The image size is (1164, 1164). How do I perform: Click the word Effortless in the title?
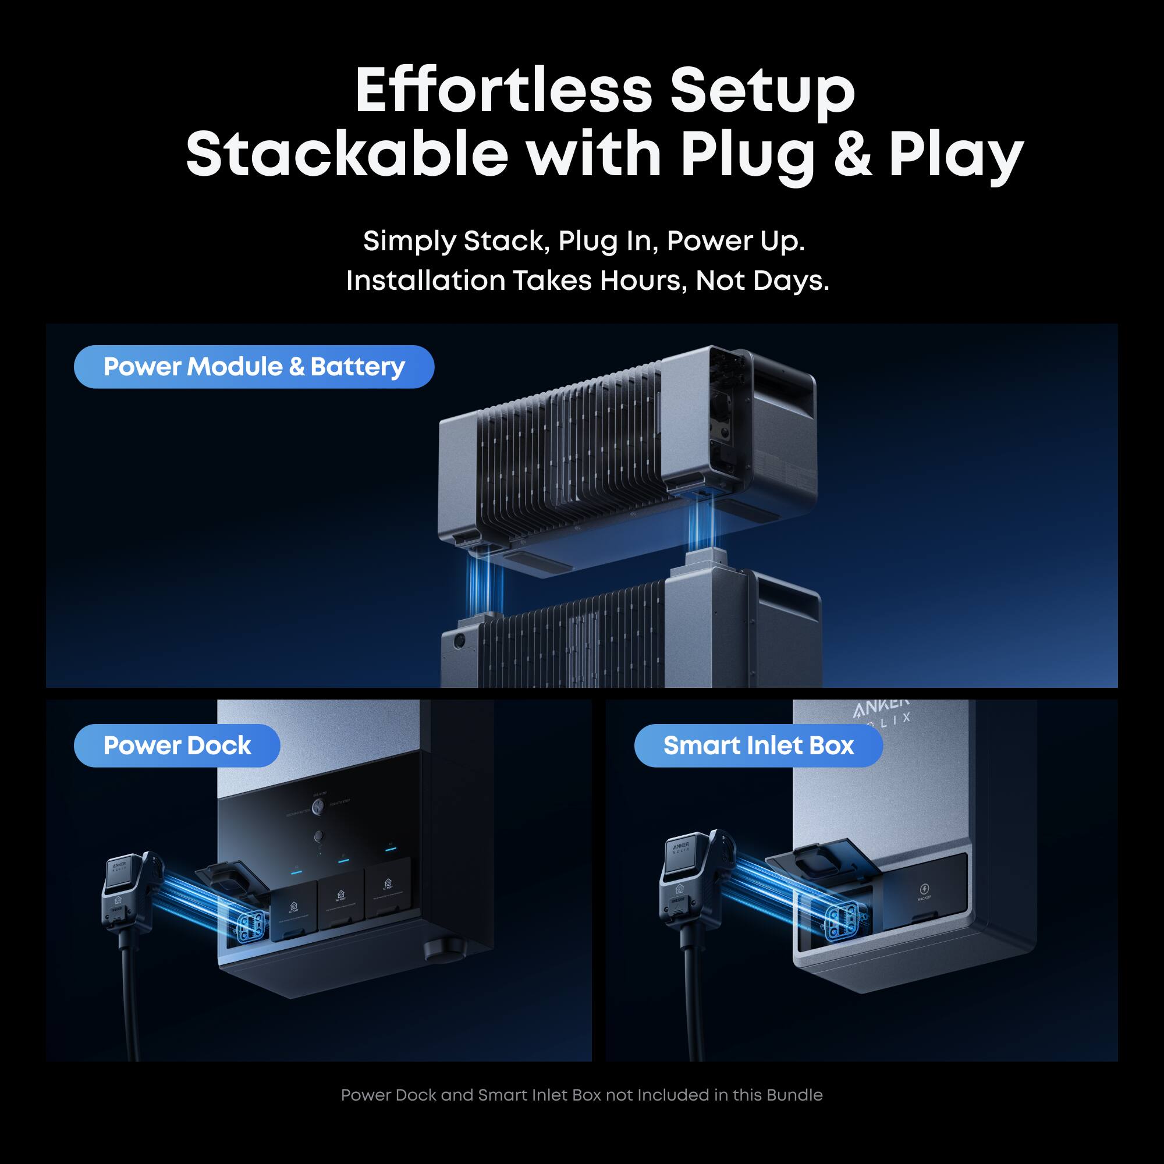[503, 90]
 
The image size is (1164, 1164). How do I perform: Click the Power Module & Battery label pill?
[254, 367]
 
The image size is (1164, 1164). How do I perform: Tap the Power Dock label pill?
[176, 746]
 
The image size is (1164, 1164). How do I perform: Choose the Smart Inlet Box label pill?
[758, 746]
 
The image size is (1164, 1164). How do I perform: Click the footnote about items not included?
[581, 1095]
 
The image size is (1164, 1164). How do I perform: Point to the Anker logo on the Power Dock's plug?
[119, 868]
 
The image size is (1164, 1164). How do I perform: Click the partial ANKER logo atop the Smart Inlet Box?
[881, 708]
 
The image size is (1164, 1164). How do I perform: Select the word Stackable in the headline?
[347, 154]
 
